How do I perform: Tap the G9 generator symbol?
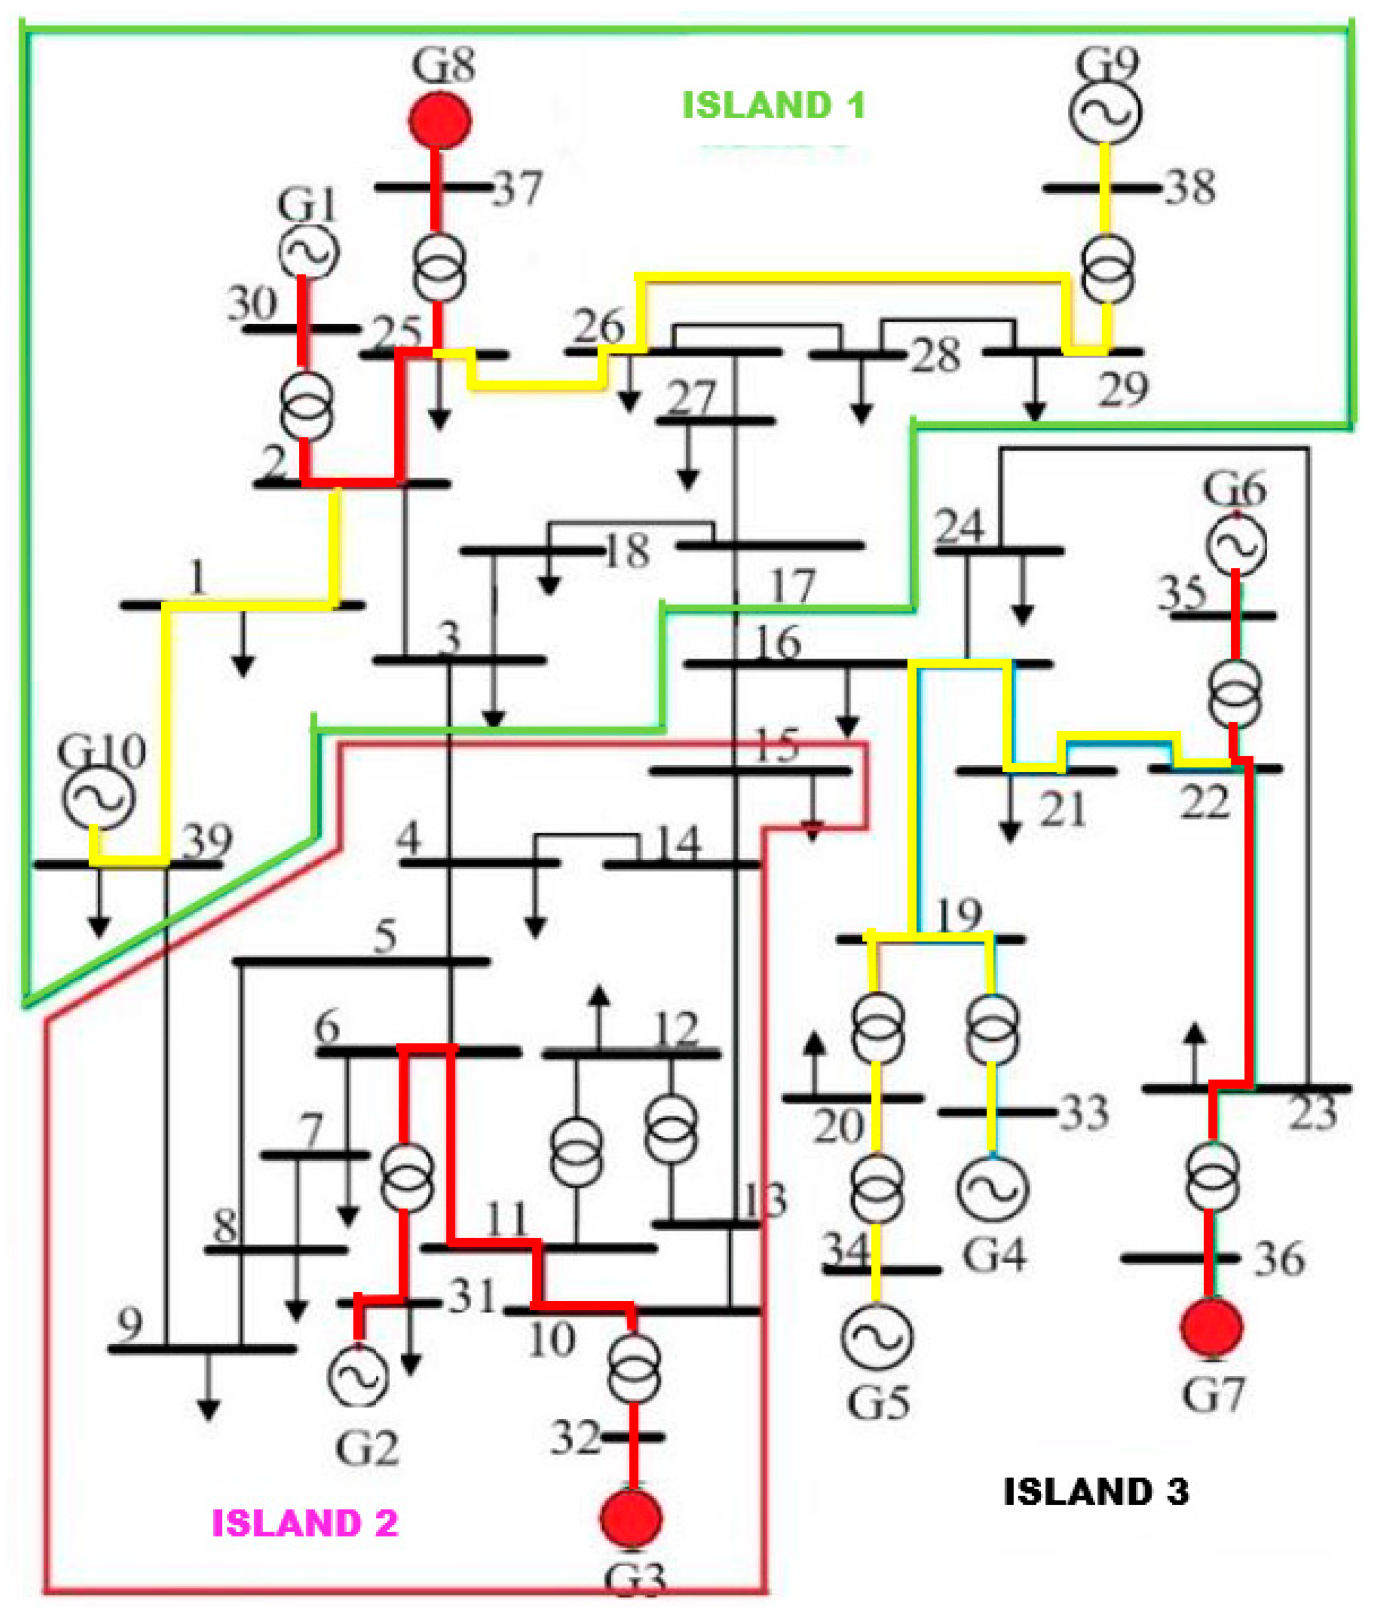(x=1105, y=112)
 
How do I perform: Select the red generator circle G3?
(x=631, y=1518)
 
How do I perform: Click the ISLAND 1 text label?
(x=773, y=106)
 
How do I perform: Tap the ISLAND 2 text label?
(x=305, y=1523)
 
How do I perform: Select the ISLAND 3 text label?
(x=1096, y=1491)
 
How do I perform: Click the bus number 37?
(x=517, y=189)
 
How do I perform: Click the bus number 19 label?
(x=960, y=915)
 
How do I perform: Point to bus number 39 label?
(x=207, y=841)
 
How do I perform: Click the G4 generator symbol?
(x=992, y=1188)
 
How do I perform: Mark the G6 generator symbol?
(x=1236, y=545)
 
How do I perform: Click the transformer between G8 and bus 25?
(x=439, y=267)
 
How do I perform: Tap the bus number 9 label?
(x=130, y=1323)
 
